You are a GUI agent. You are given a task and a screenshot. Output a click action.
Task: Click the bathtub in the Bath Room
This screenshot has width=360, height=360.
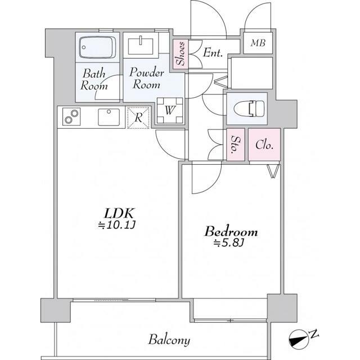click(97, 47)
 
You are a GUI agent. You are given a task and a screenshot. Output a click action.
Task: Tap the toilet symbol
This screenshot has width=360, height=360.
click(249, 107)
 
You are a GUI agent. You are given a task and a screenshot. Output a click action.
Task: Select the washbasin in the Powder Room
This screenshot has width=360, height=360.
click(141, 46)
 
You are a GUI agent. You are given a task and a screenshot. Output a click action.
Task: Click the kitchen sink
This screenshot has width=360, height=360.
click(109, 117)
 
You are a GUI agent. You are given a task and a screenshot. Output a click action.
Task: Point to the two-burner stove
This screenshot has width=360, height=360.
click(71, 116)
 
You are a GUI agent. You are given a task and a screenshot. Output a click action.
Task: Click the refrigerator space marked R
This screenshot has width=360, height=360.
click(138, 118)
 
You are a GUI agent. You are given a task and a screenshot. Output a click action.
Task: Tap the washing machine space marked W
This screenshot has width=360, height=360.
click(170, 110)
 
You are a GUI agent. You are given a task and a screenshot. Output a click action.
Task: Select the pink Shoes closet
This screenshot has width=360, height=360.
click(180, 54)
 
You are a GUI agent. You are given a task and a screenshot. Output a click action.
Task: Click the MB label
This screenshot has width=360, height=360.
click(258, 43)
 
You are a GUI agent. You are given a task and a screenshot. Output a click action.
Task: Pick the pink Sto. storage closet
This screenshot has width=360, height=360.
click(236, 145)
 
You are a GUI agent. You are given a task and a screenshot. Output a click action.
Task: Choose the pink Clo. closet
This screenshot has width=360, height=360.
click(264, 145)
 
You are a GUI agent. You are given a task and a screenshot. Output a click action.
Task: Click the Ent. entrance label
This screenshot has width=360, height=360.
click(213, 52)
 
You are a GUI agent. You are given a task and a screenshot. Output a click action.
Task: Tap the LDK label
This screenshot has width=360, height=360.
click(119, 214)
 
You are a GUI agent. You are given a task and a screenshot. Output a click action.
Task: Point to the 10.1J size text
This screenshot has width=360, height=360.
click(117, 226)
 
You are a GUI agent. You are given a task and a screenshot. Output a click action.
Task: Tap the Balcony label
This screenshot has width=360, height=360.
click(169, 340)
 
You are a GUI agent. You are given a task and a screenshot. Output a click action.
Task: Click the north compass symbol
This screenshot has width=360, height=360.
click(299, 339)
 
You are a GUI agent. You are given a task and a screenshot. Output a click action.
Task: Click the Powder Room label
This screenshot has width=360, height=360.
click(146, 79)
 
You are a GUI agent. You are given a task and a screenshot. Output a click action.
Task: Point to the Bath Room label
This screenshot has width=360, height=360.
click(94, 79)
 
